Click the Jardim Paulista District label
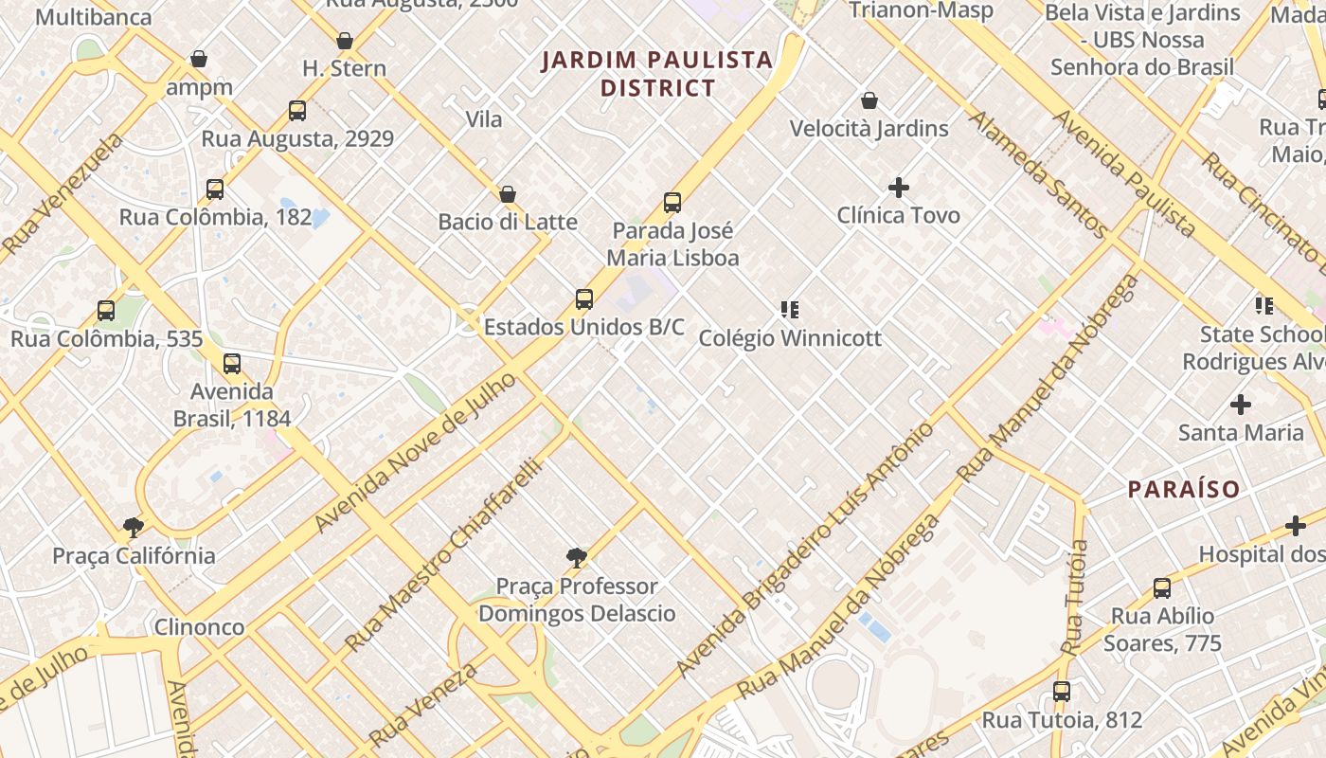[657, 74]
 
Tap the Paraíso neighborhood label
[1183, 489]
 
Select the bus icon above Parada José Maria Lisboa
[672, 202]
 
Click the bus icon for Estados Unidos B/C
[584, 299]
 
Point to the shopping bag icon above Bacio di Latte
[508, 194]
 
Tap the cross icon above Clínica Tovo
[898, 188]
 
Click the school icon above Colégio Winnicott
[790, 310]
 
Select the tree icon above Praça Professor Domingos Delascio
[576, 558]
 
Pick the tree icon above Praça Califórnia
[134, 528]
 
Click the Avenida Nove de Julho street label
[416, 452]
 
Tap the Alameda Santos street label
[1038, 174]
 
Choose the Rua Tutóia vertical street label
[1075, 597]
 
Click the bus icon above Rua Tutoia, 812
[1062, 692]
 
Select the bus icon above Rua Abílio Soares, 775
[1162, 587]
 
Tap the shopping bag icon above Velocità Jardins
[869, 100]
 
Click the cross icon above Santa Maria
[1241, 405]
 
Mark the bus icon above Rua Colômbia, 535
[106, 310]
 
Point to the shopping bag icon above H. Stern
[345, 41]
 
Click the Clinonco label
[199, 626]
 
